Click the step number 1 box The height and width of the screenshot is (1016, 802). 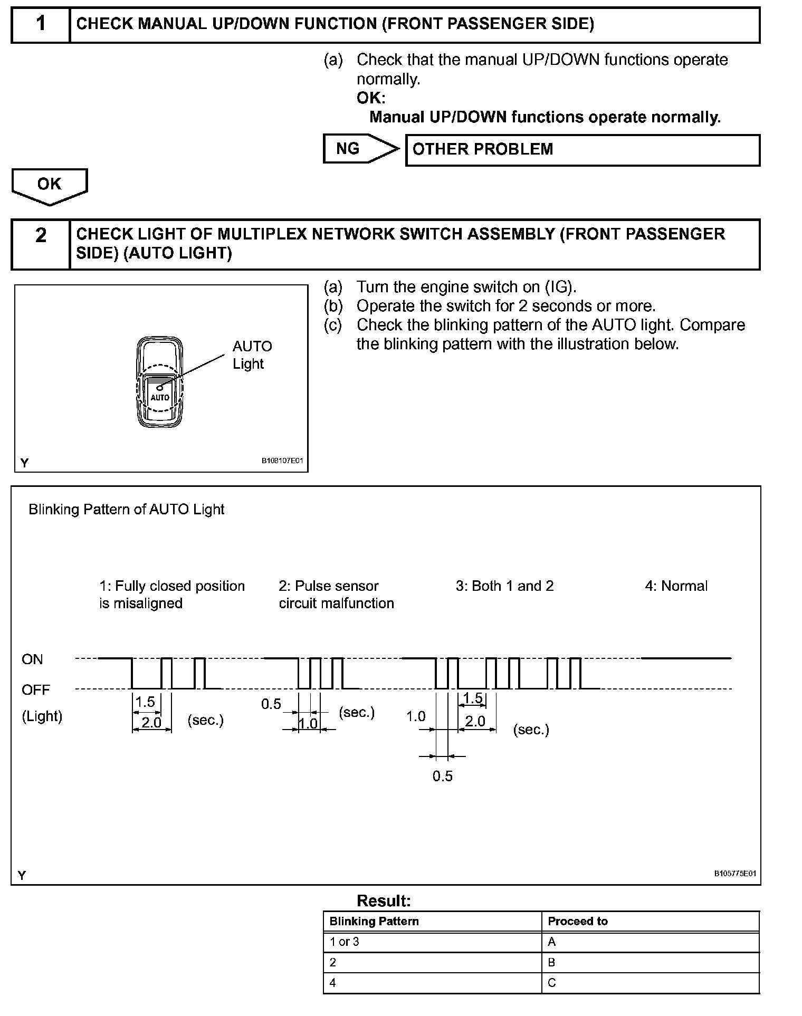click(41, 24)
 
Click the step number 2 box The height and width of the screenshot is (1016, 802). click(41, 244)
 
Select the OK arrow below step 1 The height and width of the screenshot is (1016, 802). click(49, 185)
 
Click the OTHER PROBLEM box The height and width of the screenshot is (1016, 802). click(582, 150)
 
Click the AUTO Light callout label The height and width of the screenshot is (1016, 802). click(252, 354)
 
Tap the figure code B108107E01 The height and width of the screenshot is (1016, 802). click(282, 461)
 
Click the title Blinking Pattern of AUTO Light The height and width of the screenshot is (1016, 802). click(127, 509)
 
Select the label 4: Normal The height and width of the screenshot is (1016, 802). click(676, 586)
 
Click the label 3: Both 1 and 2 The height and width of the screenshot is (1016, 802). click(504, 586)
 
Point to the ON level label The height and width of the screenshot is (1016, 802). click(32, 659)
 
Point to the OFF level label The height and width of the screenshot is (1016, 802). click(35, 689)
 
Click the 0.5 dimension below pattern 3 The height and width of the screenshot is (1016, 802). click(442, 776)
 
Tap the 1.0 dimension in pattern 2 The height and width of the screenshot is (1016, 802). click(308, 723)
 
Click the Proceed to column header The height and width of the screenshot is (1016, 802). click(578, 921)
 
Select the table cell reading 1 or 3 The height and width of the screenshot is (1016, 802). click(344, 942)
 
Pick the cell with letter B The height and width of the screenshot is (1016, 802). click(551, 962)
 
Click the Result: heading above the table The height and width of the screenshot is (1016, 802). click(384, 900)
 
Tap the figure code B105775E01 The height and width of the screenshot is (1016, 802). click(734, 873)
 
